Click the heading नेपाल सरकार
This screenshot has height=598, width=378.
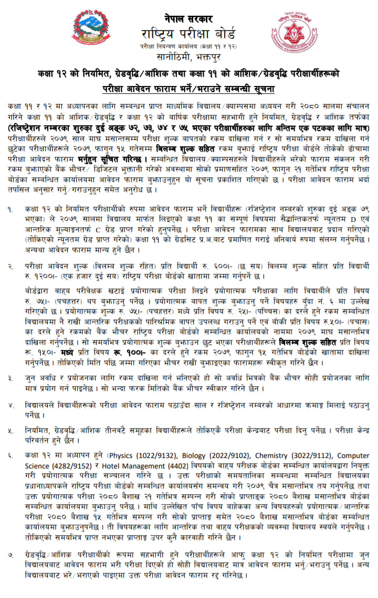[x=188, y=18]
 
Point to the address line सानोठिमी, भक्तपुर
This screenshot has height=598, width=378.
[x=188, y=57]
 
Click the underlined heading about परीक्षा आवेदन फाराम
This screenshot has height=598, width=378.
[x=188, y=87]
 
